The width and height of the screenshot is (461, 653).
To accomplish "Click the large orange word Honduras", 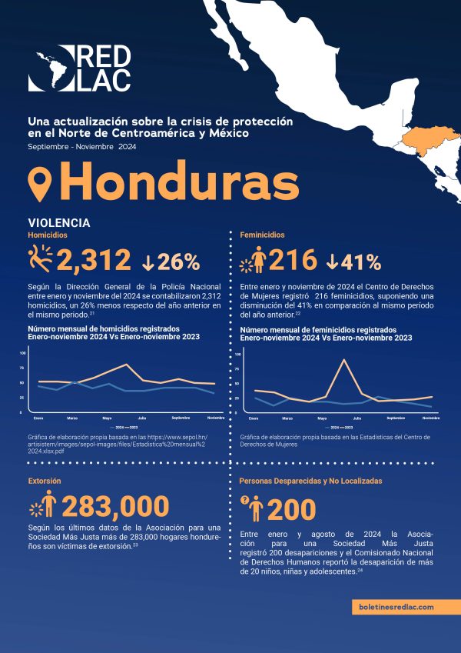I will point(179,182).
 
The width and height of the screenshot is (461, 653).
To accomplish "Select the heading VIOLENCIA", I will point(58,222).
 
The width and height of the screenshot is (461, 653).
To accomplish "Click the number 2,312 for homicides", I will point(93,261).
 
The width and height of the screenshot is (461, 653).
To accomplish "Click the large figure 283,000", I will point(115,506).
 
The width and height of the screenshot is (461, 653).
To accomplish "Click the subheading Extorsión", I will point(45,481).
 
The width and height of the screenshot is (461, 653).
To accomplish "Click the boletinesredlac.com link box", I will point(396,606).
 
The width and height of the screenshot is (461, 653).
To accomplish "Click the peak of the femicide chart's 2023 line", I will point(343,360).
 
